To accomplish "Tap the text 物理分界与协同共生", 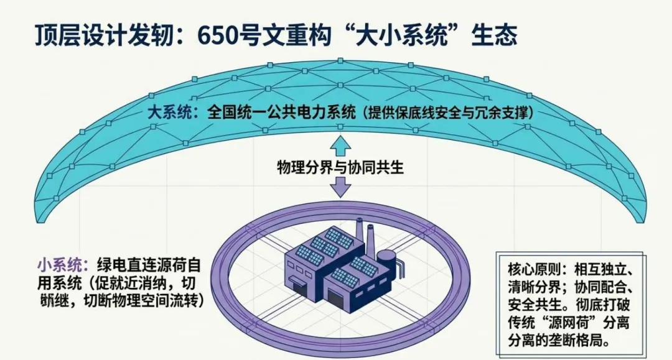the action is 342,166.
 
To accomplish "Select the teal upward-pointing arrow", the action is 342,144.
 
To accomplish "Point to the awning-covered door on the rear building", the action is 299,284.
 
